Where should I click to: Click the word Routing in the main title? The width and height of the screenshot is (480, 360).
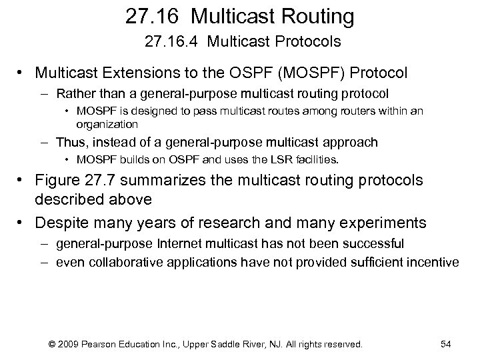click(312, 15)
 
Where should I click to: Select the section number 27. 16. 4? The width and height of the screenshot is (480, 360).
click(172, 42)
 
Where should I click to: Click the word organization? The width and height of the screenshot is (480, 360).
click(107, 124)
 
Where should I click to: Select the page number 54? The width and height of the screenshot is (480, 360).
click(446, 344)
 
